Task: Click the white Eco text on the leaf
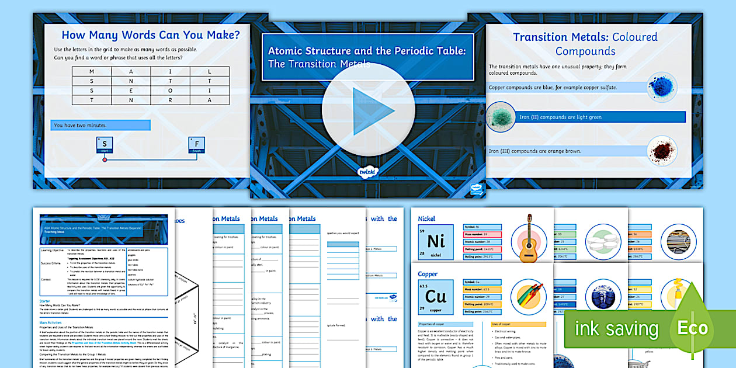click(692, 328)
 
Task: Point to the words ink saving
click(616, 329)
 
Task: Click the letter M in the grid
click(92, 71)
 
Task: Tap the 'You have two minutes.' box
click(100, 125)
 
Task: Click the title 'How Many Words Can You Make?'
click(151, 35)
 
